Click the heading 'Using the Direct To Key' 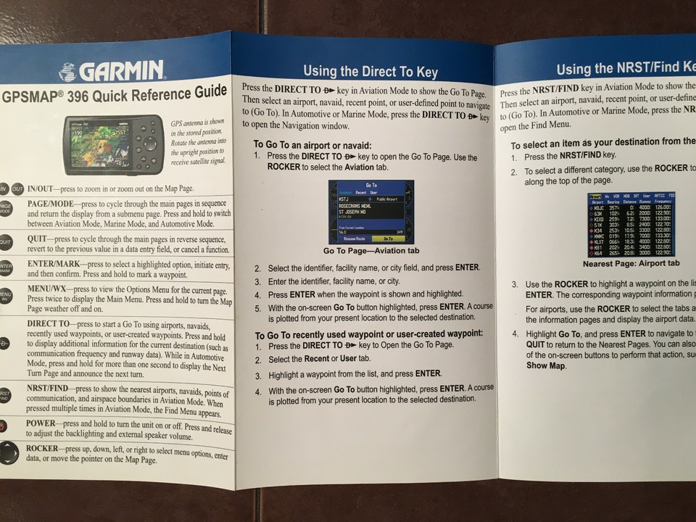370,71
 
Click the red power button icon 4,426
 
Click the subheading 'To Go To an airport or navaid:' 312,145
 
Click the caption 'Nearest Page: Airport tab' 631,263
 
